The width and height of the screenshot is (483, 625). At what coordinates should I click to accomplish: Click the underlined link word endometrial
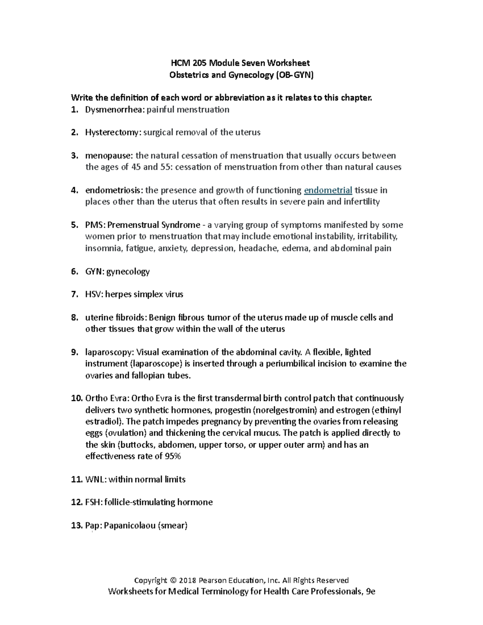[x=328, y=190]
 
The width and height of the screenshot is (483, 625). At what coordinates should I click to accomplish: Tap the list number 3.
[x=74, y=156]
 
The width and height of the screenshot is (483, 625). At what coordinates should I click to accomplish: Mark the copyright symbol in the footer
[x=173, y=580]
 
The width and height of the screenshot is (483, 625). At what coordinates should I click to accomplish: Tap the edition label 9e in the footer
[x=369, y=592]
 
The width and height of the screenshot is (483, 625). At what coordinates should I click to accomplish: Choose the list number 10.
[x=76, y=398]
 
